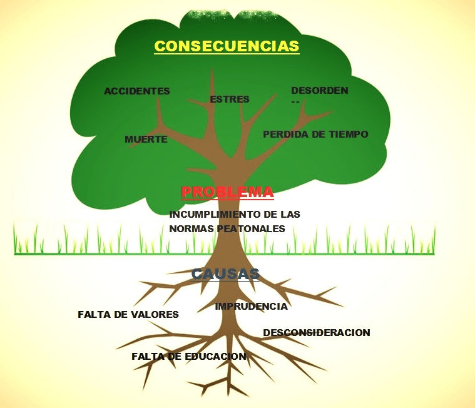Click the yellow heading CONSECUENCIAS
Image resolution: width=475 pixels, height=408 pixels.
pos(227,46)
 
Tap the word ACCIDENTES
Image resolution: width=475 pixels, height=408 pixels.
pos(137,91)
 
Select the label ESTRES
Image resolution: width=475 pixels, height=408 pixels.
pos(230,99)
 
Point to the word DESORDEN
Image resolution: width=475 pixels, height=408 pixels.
pos(319,91)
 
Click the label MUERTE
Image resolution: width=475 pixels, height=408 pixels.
pos(146,140)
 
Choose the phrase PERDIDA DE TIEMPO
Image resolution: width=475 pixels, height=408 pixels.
pos(315,135)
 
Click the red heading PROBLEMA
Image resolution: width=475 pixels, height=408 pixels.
pos(227,192)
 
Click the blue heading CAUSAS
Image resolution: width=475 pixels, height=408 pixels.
pos(225,274)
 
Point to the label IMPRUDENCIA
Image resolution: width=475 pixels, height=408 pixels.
pos(251,307)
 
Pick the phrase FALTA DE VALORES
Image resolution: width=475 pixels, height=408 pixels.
pos(128,315)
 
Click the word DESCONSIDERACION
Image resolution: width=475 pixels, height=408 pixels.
pos(317,333)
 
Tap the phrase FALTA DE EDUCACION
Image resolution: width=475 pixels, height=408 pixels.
pos(188,357)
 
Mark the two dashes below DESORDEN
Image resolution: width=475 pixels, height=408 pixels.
pos(295,102)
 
